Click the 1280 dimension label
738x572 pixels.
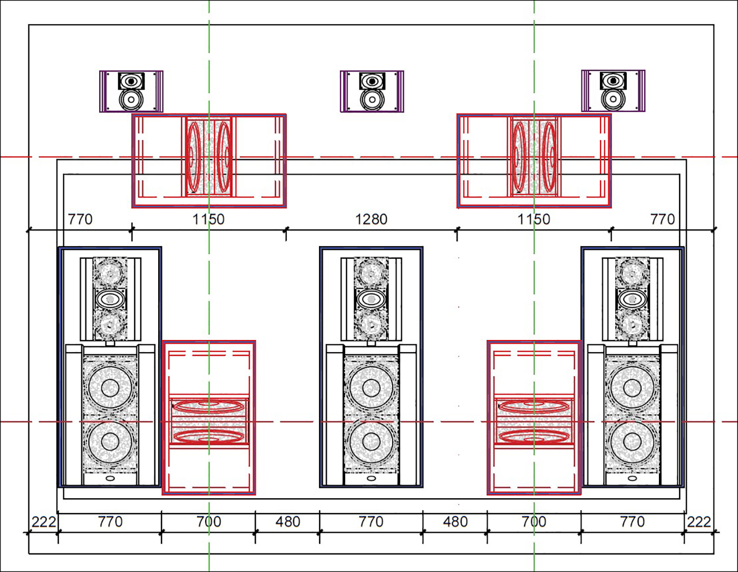tap(371, 219)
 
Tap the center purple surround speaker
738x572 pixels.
tap(372, 91)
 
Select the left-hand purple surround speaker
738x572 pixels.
tap(131, 91)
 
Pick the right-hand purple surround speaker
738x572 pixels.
tap(613, 91)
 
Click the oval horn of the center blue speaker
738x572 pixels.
tap(371, 299)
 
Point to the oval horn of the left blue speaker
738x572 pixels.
tap(110, 299)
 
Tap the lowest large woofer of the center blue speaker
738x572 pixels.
tap(371, 442)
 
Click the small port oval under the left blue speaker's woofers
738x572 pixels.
tap(110, 478)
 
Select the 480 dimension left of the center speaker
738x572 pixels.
tap(288, 522)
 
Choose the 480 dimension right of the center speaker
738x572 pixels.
tap(455, 522)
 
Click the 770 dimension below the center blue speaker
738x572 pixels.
tap(371, 522)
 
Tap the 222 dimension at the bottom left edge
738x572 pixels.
tap(43, 522)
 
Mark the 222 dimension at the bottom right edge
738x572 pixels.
tap(699, 522)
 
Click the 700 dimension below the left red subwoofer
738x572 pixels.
tap(209, 522)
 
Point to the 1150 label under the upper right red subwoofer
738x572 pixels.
tap(533, 219)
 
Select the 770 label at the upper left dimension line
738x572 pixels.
tap(80, 219)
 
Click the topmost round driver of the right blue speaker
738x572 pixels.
tap(632, 273)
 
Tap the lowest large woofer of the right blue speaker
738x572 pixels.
tap(633, 442)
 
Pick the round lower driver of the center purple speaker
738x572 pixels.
tap(372, 100)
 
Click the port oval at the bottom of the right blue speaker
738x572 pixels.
tap(633, 478)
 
